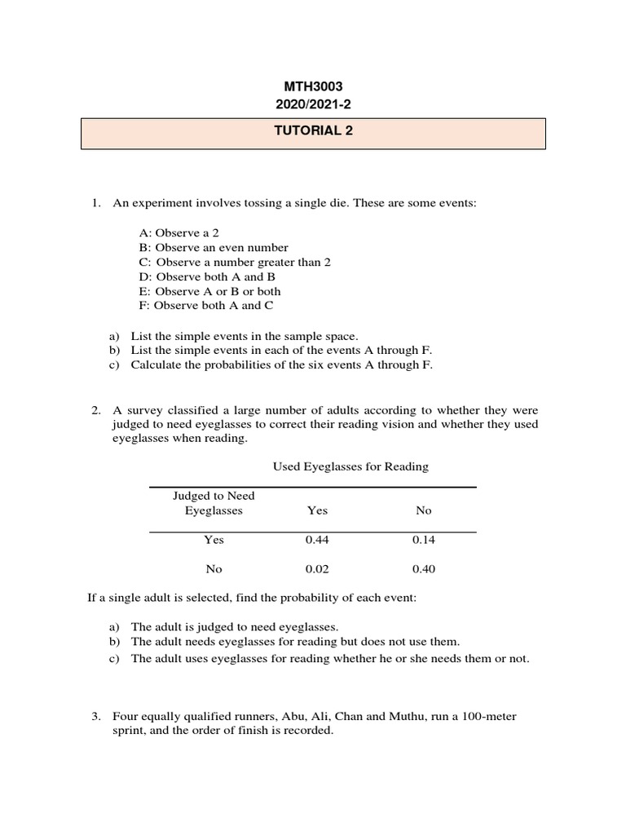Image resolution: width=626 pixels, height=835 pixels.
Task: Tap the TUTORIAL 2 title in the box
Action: (x=313, y=133)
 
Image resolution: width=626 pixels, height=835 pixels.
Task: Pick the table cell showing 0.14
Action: (x=424, y=540)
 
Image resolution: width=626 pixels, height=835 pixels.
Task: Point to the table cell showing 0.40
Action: (x=424, y=569)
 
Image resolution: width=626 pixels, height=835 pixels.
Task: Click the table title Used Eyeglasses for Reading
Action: (x=350, y=467)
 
